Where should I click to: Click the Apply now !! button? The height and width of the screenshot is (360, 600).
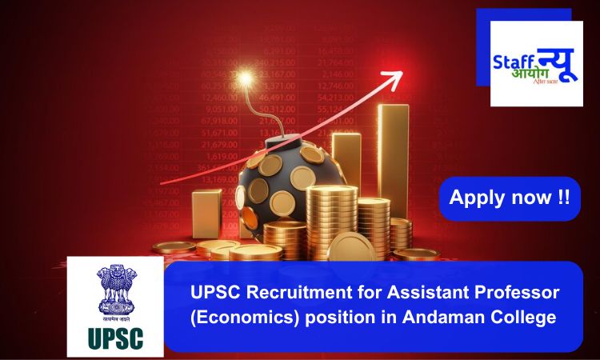pyautogui.click(x=510, y=198)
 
